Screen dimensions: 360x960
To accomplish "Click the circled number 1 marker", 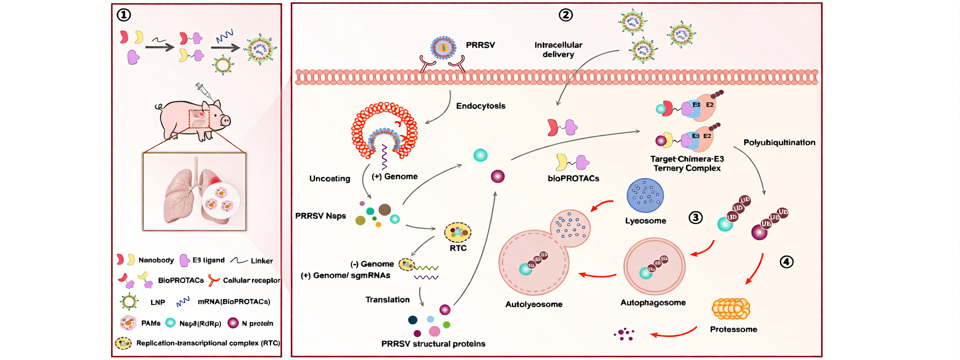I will click(123, 15).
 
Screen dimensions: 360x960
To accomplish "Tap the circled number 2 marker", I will click(565, 15).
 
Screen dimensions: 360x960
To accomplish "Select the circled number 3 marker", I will click(695, 217).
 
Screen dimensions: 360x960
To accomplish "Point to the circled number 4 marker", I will click(786, 262).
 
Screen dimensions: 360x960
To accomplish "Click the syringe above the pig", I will click(203, 91).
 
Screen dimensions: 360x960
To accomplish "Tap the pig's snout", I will click(225, 120).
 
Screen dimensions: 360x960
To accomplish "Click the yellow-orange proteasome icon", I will click(730, 308).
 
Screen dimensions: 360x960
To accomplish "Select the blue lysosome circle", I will click(645, 196).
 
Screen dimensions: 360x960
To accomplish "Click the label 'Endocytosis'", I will click(480, 106).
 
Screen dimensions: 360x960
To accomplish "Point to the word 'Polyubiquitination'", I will click(779, 142).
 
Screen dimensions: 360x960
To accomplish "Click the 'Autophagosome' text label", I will click(653, 302).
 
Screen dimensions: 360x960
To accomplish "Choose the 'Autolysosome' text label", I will click(533, 304).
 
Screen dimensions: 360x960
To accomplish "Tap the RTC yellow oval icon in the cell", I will click(457, 232).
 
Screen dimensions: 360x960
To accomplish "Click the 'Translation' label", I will click(387, 299).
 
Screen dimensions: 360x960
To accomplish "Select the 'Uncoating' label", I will click(329, 178).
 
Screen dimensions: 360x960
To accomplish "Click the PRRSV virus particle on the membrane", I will click(443, 48).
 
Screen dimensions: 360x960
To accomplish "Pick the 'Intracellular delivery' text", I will click(558, 49).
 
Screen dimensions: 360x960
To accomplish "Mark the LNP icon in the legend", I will click(129, 301).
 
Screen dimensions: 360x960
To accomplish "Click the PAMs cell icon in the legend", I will click(128, 323).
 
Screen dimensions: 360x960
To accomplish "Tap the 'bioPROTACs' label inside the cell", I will click(573, 178).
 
